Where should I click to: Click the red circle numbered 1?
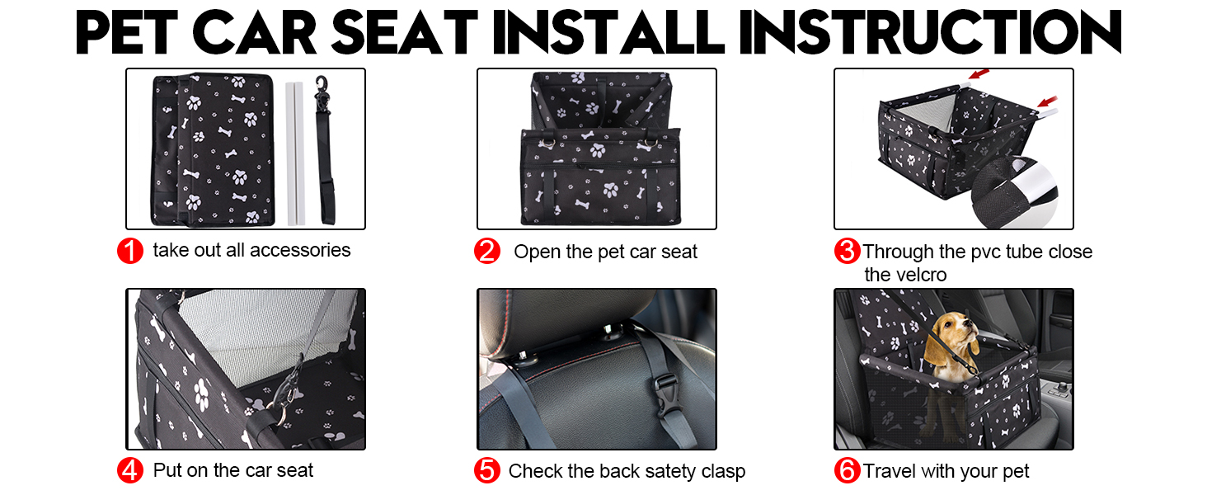130,251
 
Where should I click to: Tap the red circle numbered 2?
487,251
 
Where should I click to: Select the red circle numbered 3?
847,251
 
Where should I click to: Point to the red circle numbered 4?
130,470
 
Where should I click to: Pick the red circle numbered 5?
487,470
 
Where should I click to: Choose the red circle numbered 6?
847,470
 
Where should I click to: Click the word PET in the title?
127,32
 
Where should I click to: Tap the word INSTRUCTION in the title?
930,32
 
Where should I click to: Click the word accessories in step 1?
300,250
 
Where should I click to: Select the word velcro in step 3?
922,275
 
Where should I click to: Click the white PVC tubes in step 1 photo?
295,153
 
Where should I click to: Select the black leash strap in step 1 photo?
325,150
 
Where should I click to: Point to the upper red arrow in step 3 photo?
979,73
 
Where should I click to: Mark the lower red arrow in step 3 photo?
1048,101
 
